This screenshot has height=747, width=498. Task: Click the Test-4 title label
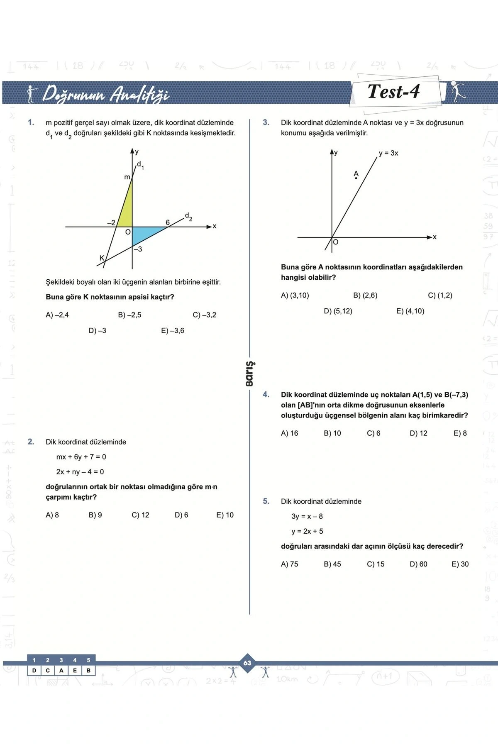[x=393, y=92]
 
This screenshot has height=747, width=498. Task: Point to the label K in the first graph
[x=102, y=258]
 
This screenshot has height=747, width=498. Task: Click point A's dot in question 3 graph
[x=356, y=178]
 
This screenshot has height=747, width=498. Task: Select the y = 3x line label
[x=388, y=153]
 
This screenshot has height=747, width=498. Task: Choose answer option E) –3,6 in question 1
[x=173, y=331]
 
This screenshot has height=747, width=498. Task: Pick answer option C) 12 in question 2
[x=140, y=515]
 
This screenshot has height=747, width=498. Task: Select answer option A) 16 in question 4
[x=289, y=433]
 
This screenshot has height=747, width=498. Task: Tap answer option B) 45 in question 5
[x=332, y=564]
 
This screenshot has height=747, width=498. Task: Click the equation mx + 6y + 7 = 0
[x=81, y=457]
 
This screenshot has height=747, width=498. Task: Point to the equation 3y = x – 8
[x=307, y=516]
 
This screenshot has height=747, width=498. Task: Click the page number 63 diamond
[x=247, y=663]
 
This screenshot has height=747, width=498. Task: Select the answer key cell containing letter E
[x=75, y=670]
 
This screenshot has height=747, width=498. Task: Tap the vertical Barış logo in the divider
[x=249, y=373]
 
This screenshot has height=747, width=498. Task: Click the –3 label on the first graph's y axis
[x=138, y=249]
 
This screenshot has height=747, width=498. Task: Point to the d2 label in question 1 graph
[x=188, y=216]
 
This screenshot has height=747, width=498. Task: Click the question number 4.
[x=266, y=395]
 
